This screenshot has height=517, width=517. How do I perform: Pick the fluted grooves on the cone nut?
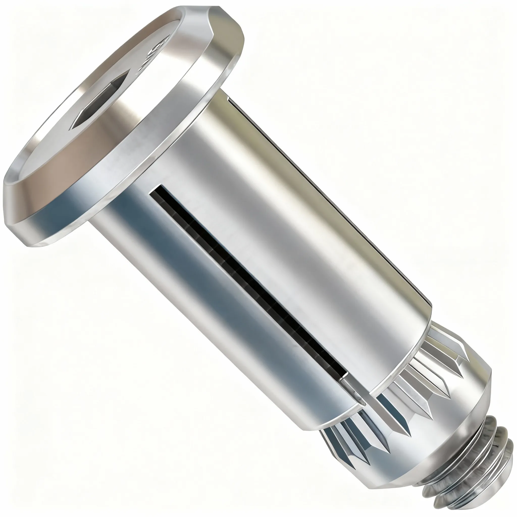[x=420, y=388]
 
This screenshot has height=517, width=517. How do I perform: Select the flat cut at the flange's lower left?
[x=12, y=205]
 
